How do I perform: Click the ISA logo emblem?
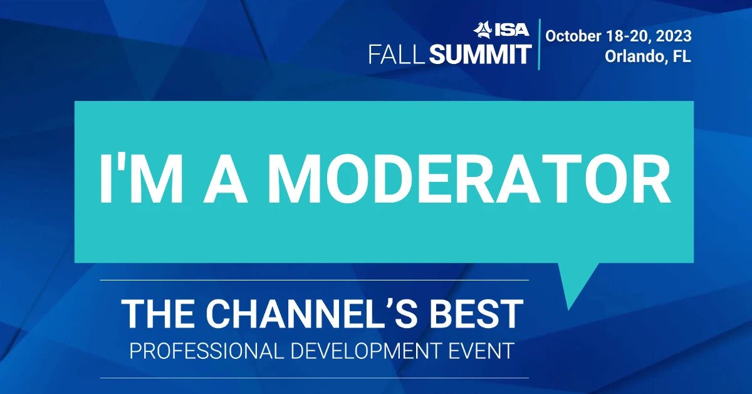(483, 29)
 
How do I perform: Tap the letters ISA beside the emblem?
(511, 30)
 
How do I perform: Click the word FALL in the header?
(397, 55)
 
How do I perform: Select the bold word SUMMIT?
(480, 55)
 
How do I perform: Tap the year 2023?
(673, 36)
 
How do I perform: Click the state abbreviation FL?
(682, 56)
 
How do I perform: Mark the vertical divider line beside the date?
(539, 45)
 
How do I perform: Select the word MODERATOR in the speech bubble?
(469, 179)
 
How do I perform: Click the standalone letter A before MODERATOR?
(225, 179)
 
